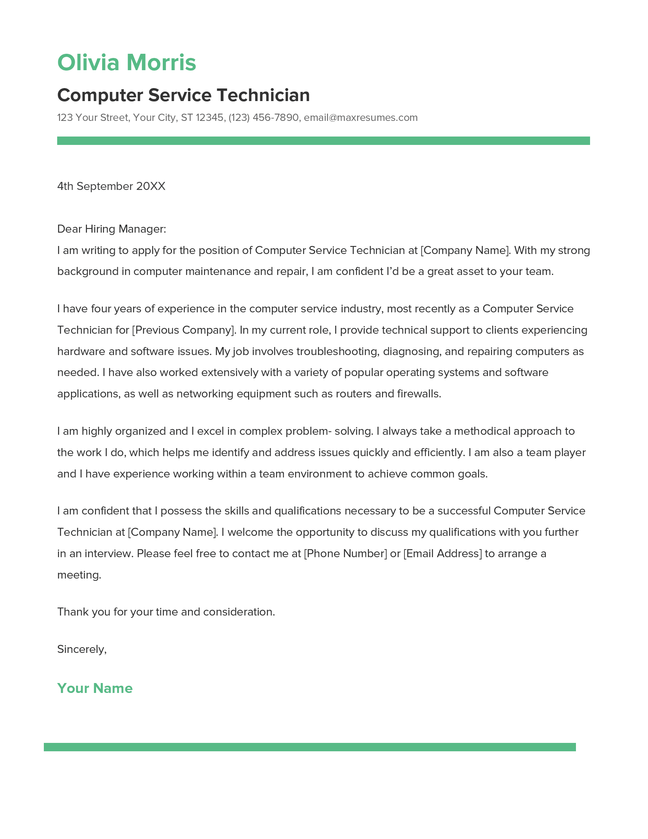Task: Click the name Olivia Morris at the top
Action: click(126, 63)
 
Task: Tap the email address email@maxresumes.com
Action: click(361, 117)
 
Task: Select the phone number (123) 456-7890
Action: click(263, 117)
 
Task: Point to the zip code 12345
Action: click(210, 117)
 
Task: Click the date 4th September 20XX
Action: click(111, 186)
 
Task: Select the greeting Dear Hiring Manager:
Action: click(111, 229)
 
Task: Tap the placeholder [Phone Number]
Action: click(345, 554)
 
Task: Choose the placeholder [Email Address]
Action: click(442, 554)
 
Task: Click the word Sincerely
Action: click(81, 649)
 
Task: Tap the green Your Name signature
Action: click(95, 688)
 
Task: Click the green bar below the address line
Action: click(323, 141)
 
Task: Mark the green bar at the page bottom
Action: click(310, 747)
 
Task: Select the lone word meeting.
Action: click(79, 575)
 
